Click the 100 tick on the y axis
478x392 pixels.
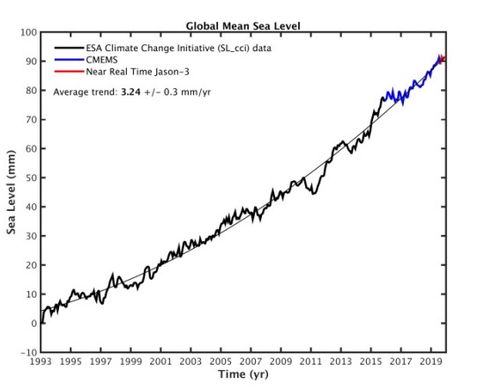pyautogui.click(x=27, y=33)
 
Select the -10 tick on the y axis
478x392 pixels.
pyautogui.click(x=26, y=352)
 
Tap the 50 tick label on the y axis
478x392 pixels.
pyautogui.click(x=29, y=177)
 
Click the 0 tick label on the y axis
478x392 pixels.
pyautogui.click(x=33, y=323)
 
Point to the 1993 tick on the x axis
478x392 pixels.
pyautogui.click(x=41, y=362)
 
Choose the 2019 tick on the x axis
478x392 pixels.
pyautogui.click(x=431, y=362)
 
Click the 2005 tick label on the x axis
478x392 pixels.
pyautogui.click(x=220, y=362)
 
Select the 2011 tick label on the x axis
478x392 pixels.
pyautogui.click(x=310, y=362)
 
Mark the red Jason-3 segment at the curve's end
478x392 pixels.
pyautogui.click(x=441, y=58)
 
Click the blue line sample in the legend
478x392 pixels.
pyautogui.click(x=67, y=58)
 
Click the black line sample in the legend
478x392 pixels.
pyautogui.click(x=67, y=48)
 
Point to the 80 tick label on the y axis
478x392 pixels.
pyautogui.click(x=29, y=90)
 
